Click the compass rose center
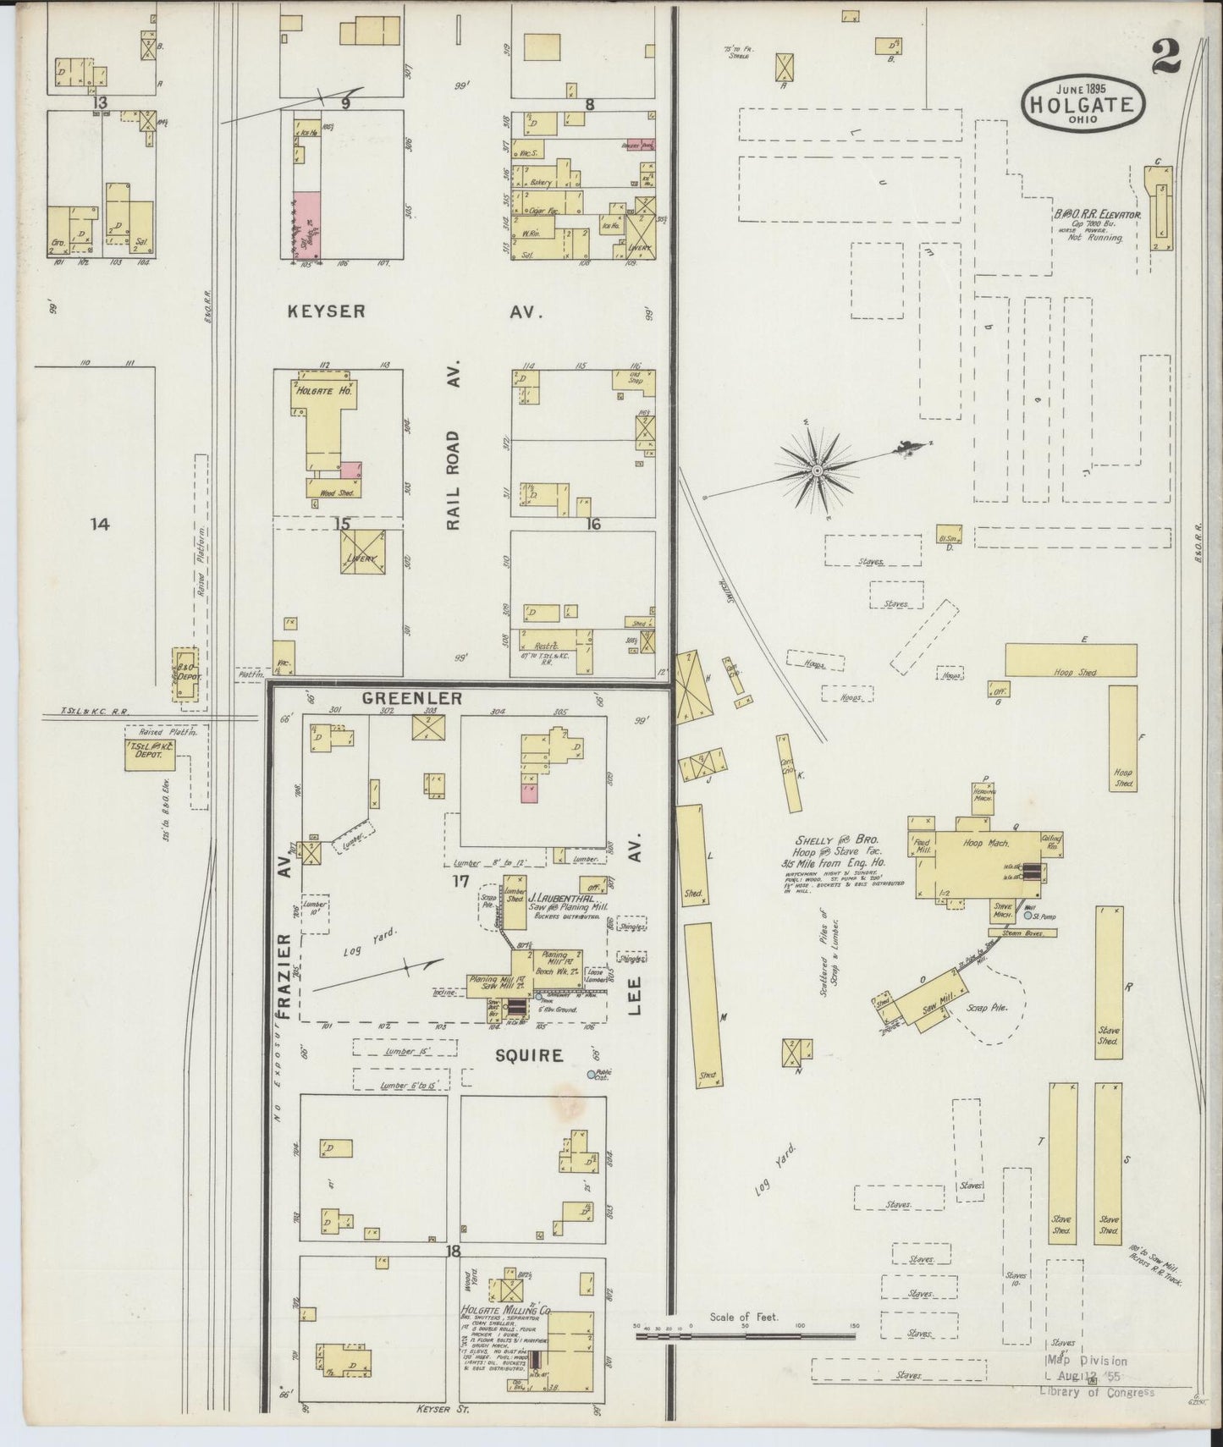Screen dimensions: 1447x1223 818,470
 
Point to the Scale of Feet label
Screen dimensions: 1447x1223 744,1340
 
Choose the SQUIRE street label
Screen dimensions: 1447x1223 528,1055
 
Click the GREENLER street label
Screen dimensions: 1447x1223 412,698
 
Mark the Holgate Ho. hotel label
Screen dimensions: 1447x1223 323,391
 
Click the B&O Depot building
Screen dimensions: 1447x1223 185,674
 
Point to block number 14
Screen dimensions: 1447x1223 100,525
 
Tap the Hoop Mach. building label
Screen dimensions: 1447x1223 982,845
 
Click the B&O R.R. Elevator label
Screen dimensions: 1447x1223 1097,217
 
